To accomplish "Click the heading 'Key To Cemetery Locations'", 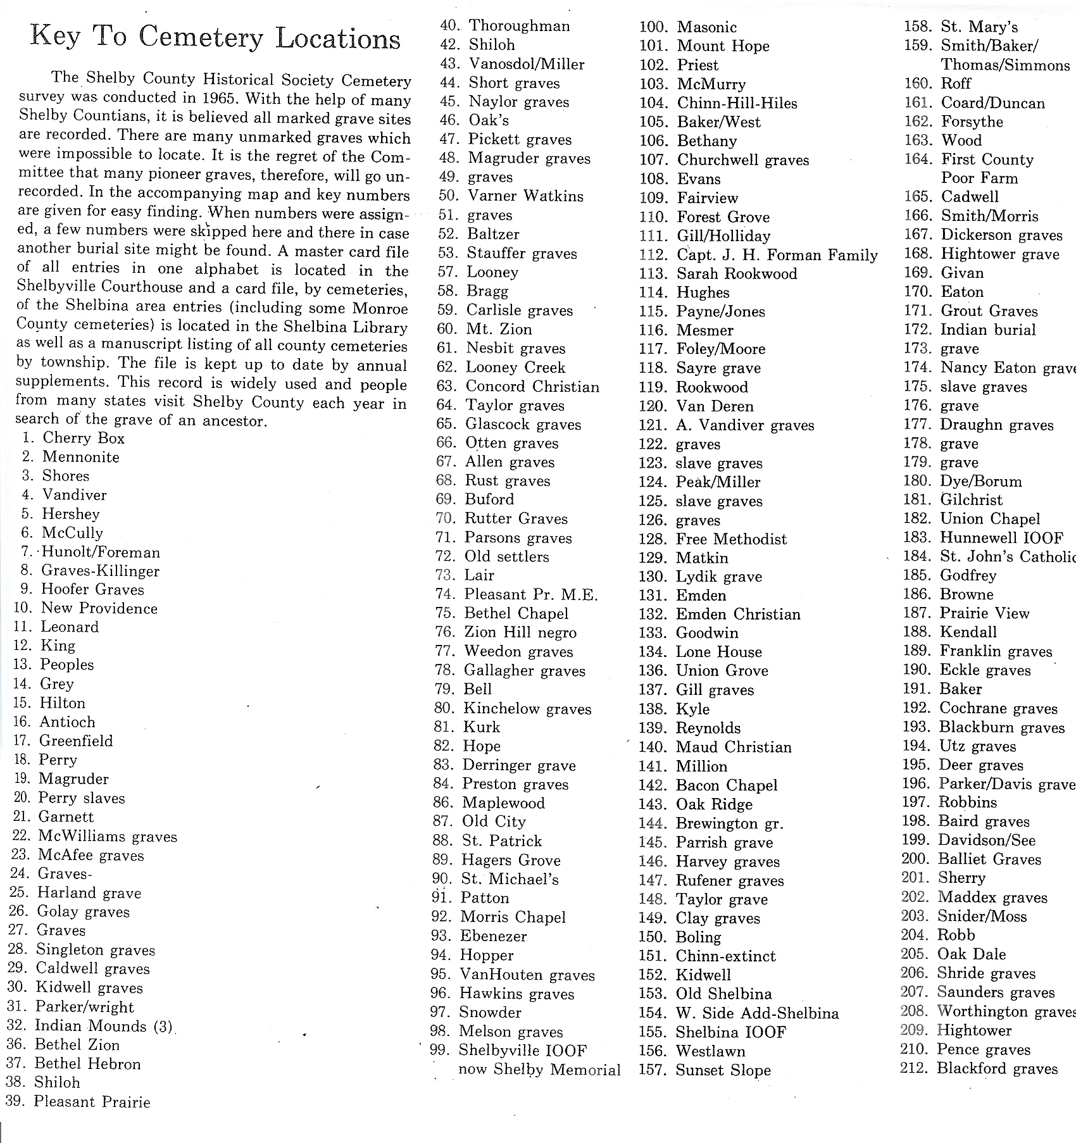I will point(215,38).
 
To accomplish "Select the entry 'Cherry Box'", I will point(84,438).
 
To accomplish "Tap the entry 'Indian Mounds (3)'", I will point(103,1026).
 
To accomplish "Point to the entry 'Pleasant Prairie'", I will point(92,1102).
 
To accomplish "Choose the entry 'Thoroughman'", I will point(519,26).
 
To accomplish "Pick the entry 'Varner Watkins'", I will point(525,196).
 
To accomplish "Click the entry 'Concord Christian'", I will point(532,387).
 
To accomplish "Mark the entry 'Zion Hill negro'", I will point(520,632).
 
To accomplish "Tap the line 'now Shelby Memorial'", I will point(539,1070).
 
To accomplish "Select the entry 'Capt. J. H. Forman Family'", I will point(777,255).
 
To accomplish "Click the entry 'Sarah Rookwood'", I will point(737,274).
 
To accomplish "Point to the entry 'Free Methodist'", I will point(731,539).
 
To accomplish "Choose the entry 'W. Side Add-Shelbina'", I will point(757,1013).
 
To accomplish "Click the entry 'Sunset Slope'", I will point(723,1070).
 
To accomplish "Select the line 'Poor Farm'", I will point(979,178).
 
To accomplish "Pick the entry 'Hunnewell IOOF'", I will point(1001,538).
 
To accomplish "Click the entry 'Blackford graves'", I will point(997,1069).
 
